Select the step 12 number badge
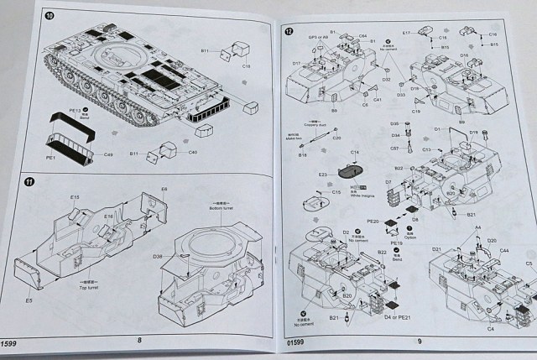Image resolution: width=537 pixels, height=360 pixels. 289,32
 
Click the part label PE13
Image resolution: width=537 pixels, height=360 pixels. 75,111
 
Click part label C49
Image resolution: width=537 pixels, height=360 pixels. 110,157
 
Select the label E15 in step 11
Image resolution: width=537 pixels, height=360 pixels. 75,198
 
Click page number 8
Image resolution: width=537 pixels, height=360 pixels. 139,340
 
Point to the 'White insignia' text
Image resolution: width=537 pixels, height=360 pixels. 360,191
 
